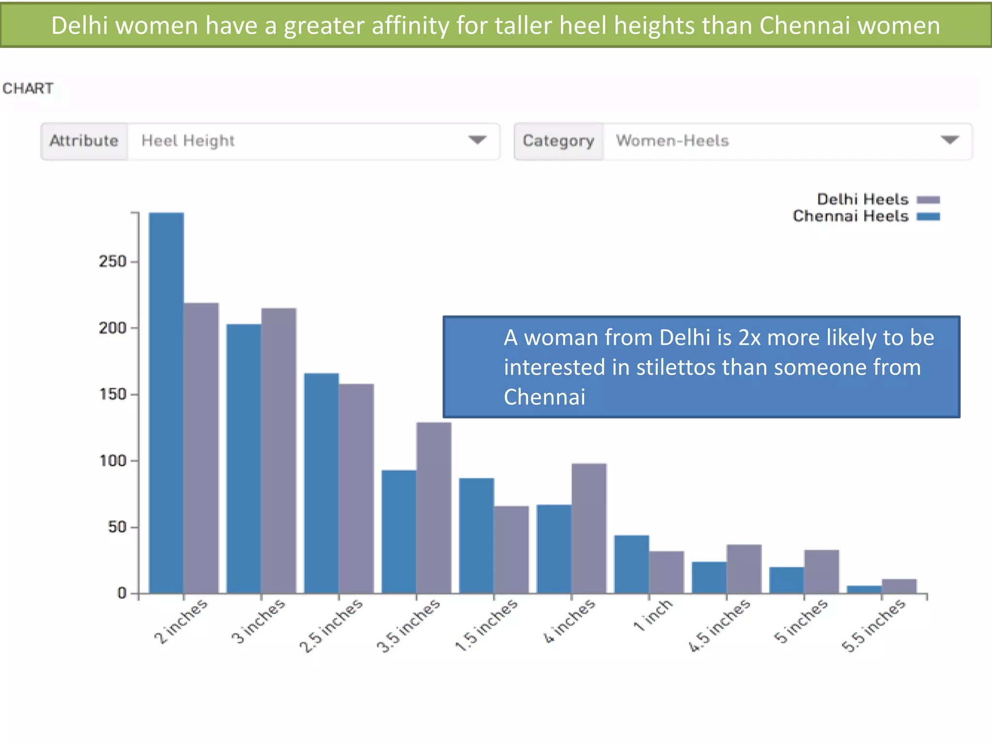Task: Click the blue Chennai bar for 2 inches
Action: [166, 402]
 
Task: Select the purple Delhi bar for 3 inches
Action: [279, 450]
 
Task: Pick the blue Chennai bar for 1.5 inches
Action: [476, 535]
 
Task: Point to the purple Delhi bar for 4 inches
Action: [589, 528]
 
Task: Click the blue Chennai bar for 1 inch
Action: [631, 564]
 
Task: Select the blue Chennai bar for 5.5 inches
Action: [864, 589]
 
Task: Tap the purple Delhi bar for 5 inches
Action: [821, 571]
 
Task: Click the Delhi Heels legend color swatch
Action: [928, 200]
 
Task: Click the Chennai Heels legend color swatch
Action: [928, 217]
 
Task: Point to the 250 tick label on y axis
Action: [112, 262]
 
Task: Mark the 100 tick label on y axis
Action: [112, 461]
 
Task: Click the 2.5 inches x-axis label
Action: [331, 625]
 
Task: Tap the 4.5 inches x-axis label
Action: [719, 625]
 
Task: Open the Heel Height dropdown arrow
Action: [477, 140]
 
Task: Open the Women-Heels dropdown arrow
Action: [949, 140]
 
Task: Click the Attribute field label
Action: [84, 141]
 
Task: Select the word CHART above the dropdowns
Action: [28, 89]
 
